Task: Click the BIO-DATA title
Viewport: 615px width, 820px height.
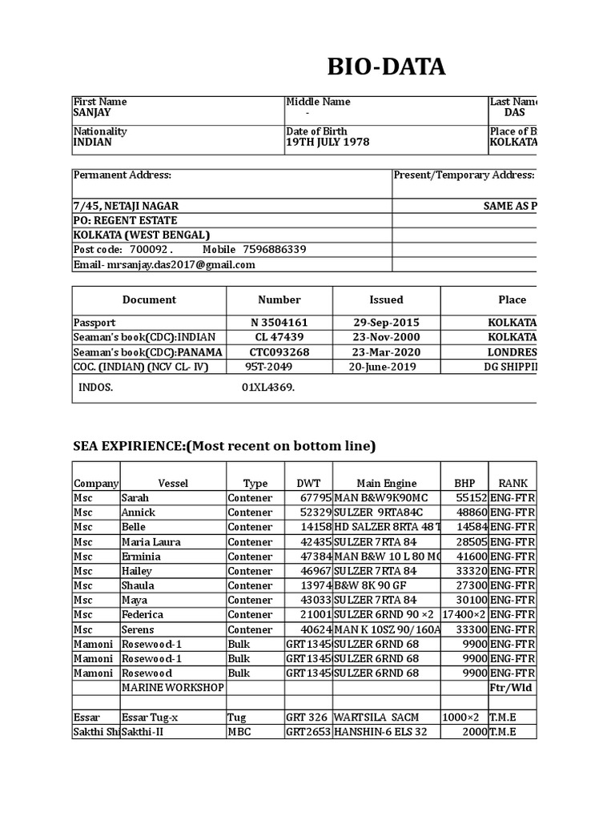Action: pyautogui.click(x=387, y=68)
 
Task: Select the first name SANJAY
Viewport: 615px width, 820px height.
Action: pyautogui.click(x=93, y=113)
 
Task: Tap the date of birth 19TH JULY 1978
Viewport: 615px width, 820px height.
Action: pyautogui.click(x=328, y=143)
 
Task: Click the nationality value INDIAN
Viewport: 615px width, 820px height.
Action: pyautogui.click(x=93, y=143)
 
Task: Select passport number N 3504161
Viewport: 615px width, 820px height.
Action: pyautogui.click(x=279, y=323)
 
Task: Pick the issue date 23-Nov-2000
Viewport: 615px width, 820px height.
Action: pyautogui.click(x=386, y=337)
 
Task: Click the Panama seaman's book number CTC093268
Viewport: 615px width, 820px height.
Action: pyautogui.click(x=279, y=352)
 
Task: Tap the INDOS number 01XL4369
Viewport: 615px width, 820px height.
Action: pyautogui.click(x=268, y=387)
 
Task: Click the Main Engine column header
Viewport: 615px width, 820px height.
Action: pyautogui.click(x=386, y=483)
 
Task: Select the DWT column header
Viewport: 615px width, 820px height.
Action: pyautogui.click(x=308, y=483)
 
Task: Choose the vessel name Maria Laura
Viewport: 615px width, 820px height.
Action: pyautogui.click(x=151, y=542)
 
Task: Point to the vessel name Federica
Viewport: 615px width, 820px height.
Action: pyautogui.click(x=143, y=615)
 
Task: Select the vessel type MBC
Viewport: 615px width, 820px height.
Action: pyautogui.click(x=239, y=732)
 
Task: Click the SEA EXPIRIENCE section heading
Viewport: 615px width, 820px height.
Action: pyautogui.click(x=224, y=446)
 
